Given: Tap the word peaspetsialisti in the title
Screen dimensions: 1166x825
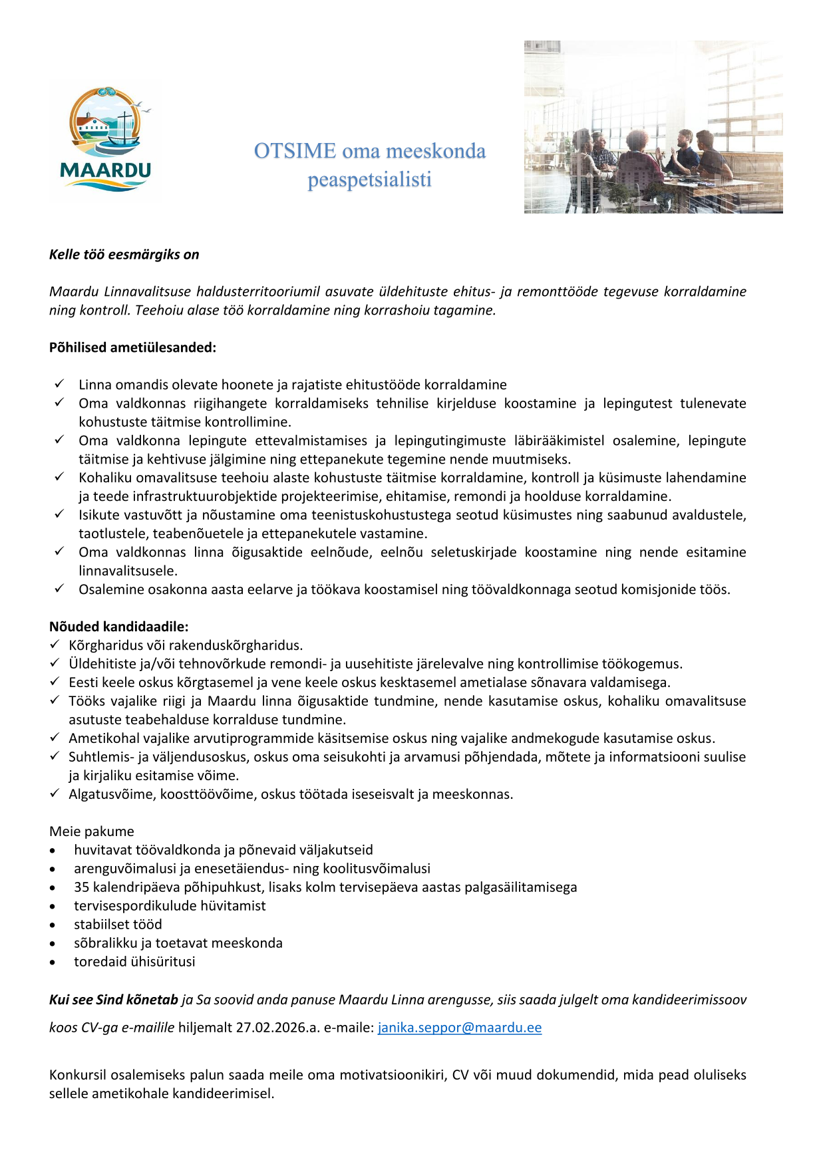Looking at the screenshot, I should click(x=369, y=180).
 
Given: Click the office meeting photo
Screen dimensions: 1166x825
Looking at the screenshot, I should click(x=653, y=127).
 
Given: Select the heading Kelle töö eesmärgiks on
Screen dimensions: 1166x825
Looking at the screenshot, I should click(x=124, y=255).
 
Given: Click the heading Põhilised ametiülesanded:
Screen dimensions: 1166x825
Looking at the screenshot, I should click(x=132, y=347).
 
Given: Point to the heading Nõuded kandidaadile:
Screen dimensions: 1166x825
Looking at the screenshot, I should click(x=118, y=627).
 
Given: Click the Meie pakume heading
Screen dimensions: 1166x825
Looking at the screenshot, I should click(x=92, y=831).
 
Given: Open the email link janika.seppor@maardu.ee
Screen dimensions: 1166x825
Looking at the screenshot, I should click(x=459, y=1028).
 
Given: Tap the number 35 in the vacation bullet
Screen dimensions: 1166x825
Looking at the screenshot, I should click(x=82, y=887).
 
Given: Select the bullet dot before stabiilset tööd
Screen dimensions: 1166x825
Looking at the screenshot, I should click(x=53, y=925).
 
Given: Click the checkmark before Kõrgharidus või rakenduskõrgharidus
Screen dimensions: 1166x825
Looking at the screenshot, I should click(x=55, y=645).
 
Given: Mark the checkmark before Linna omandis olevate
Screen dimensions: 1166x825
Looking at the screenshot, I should click(x=59, y=384).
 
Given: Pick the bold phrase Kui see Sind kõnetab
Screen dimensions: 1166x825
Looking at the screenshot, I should click(x=114, y=1000).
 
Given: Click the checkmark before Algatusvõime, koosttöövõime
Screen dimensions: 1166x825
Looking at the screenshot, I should click(x=55, y=794).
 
